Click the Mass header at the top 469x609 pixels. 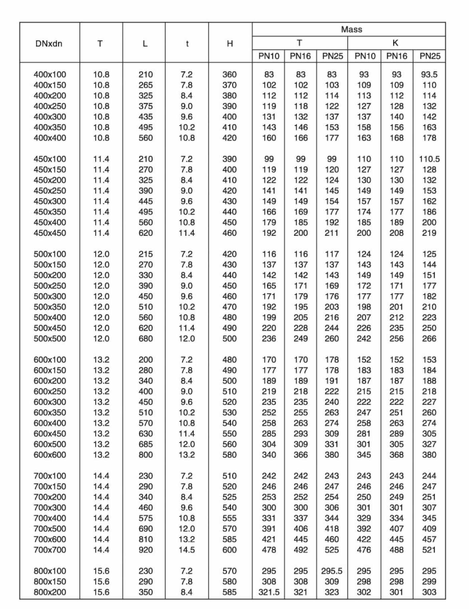click(351, 29)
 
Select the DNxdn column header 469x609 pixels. click(49, 44)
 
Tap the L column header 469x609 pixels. click(145, 44)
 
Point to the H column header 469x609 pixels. click(230, 44)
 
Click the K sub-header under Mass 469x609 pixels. click(396, 43)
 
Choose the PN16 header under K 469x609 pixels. click(397, 56)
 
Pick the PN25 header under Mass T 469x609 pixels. click(332, 56)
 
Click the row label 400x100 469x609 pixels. click(50, 74)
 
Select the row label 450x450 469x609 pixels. click(50, 233)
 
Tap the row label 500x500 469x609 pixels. click(50, 338)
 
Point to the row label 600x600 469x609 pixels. click(50, 455)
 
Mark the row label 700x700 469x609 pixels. click(50, 550)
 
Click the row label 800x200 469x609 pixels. click(50, 592)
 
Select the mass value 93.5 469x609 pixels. click(429, 74)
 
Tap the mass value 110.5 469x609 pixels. click(429, 159)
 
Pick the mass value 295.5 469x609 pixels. click(332, 571)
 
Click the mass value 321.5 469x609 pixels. click(269, 592)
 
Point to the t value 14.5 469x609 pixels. click(186, 550)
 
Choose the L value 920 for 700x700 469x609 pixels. click(146, 550)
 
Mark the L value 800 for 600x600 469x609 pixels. click(146, 455)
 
